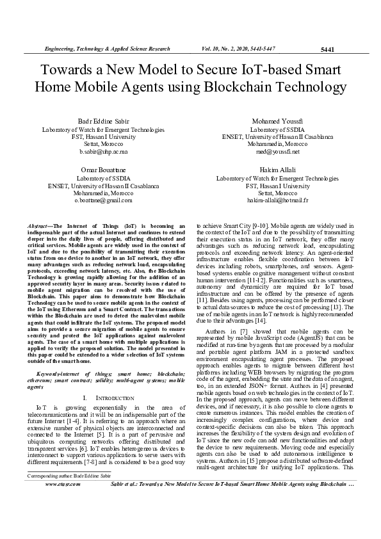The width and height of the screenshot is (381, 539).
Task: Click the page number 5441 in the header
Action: click(x=327, y=49)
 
